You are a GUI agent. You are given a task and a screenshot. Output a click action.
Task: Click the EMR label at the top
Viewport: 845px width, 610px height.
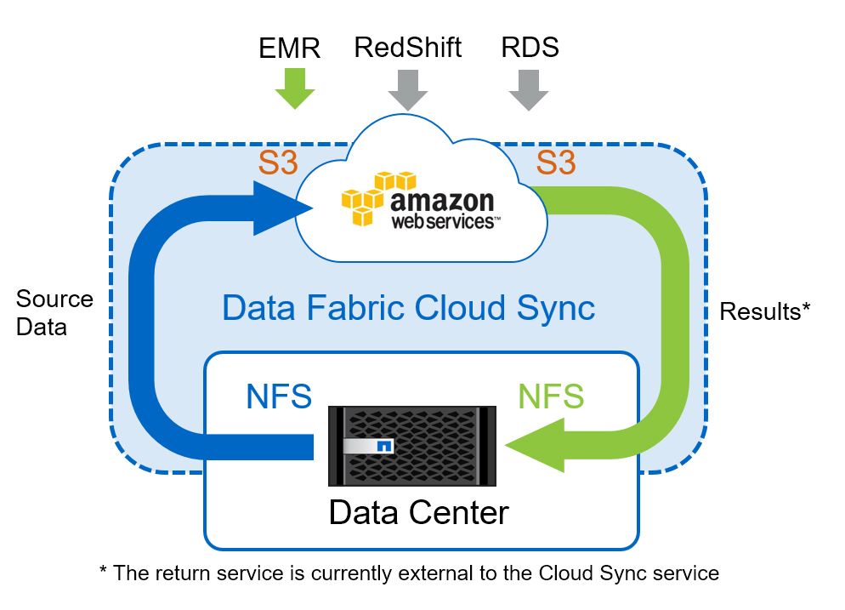coord(289,48)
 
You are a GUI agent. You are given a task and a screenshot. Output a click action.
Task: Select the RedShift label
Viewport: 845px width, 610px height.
coord(407,47)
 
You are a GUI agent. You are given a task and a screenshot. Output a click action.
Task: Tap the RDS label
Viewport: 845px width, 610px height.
coord(530,47)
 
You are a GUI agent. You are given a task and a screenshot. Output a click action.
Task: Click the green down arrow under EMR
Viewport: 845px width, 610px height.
coord(294,87)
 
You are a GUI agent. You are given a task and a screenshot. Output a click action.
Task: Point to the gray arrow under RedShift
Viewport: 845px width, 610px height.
coord(408,88)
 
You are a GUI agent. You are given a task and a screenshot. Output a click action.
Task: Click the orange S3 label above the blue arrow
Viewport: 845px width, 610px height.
coord(278,162)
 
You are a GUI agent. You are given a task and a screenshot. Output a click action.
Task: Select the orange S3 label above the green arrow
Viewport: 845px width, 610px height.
coord(555,162)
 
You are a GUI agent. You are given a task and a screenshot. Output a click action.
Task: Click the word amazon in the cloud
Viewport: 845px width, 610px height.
coord(441,202)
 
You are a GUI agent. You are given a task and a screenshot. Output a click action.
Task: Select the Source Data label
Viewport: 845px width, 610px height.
coord(54,312)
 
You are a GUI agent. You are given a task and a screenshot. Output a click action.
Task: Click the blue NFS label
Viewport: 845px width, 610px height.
coord(279,396)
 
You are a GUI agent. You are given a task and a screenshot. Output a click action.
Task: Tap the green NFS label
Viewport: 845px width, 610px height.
coord(551,396)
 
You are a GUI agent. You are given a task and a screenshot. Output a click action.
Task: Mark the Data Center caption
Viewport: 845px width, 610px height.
coord(418,512)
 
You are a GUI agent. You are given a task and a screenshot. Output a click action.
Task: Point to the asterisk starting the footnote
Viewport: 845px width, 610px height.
coord(104,572)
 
